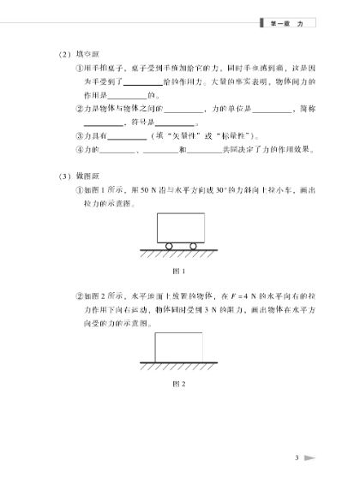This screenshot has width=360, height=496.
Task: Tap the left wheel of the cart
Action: pos(169,246)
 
